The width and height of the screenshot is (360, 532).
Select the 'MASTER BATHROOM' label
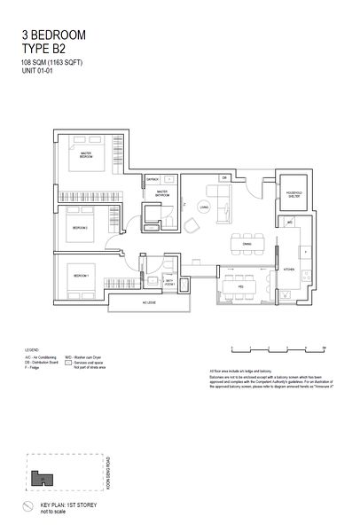point(162,192)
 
